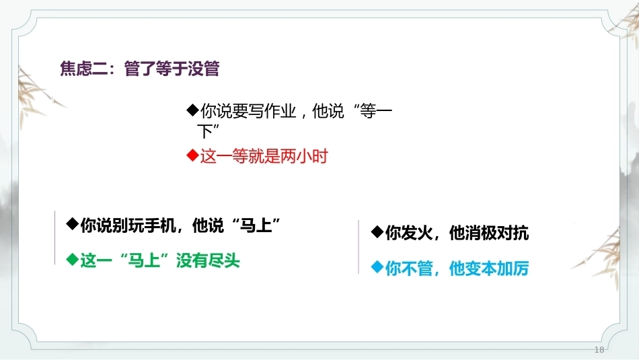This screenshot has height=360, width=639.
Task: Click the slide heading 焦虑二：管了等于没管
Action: (x=140, y=68)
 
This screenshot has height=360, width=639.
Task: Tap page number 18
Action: (x=599, y=350)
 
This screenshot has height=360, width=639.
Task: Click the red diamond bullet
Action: (x=192, y=155)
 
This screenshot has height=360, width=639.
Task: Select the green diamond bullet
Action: (x=72, y=259)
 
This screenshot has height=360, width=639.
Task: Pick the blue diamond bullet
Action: (x=377, y=267)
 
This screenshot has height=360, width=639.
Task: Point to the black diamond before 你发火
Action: (x=377, y=232)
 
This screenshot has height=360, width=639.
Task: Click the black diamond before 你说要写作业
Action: (x=192, y=110)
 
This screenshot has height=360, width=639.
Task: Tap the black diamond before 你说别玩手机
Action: (x=72, y=223)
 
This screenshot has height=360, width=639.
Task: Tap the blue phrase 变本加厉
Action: (x=497, y=268)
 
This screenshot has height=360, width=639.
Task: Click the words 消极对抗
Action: (x=497, y=233)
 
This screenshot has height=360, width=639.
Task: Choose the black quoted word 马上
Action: (x=256, y=225)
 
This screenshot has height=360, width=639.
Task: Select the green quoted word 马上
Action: (x=144, y=261)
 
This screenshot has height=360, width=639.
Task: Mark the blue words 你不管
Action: (x=409, y=268)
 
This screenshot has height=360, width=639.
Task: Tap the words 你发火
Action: (x=409, y=233)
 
